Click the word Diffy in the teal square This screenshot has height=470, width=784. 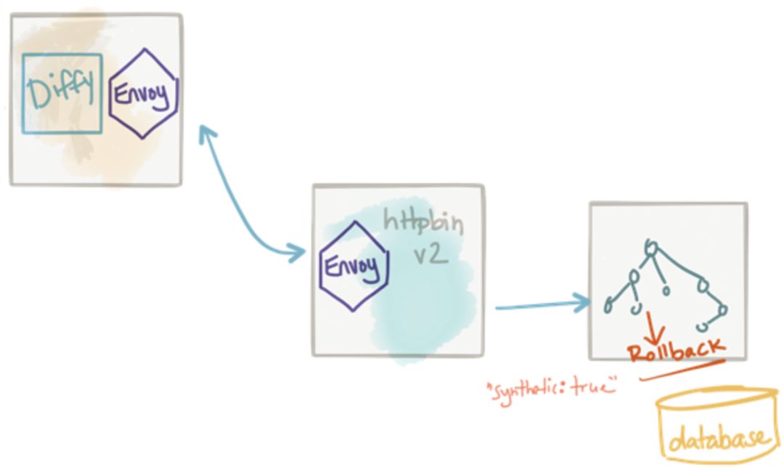pos(61,92)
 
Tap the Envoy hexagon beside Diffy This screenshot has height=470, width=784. pos(143,94)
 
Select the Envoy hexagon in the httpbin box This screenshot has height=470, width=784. pos(354,267)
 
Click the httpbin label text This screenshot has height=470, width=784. pos(423,219)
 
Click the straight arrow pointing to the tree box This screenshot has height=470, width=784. pos(541,306)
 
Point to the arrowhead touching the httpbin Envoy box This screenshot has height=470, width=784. pos(298,253)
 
